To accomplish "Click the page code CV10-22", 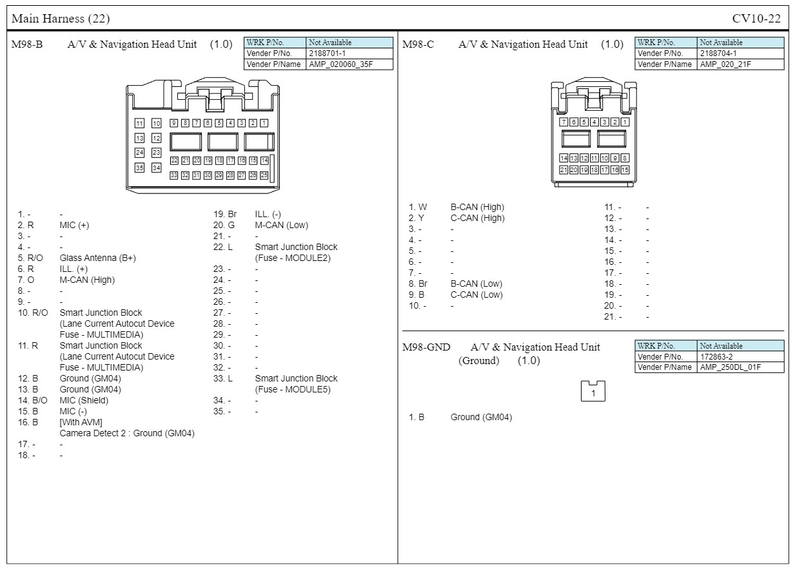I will (756, 19).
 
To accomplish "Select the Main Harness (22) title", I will (61, 19).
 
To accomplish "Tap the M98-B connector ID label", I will (28, 44).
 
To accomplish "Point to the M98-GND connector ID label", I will (426, 347).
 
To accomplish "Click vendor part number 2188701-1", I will (328, 53).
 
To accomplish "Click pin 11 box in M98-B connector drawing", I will (139, 123).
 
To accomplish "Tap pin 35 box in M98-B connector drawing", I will (139, 168).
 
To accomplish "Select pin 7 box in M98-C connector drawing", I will (564, 122).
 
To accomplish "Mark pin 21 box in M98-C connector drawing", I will (564, 170).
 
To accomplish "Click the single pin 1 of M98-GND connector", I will (593, 392).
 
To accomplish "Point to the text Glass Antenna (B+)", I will (97, 258).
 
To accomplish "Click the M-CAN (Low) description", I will (281, 225).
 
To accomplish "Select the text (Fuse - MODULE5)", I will (293, 389).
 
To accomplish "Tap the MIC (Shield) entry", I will (84, 400).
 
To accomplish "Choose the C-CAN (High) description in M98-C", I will (477, 218).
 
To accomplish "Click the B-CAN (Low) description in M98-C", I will (476, 284).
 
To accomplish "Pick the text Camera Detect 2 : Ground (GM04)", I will (127, 433).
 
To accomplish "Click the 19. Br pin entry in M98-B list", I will (225, 214).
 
